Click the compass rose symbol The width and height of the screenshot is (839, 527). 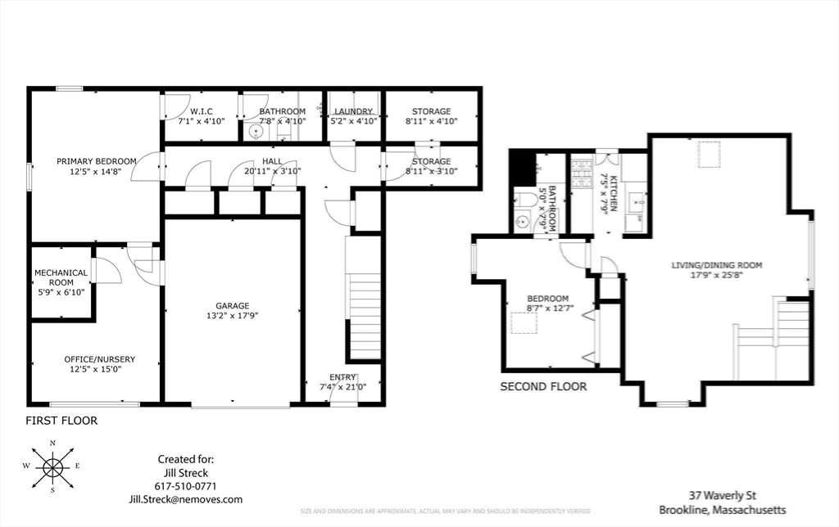pyautogui.click(x=53, y=467)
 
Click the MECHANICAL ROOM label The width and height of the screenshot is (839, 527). pyautogui.click(x=61, y=278)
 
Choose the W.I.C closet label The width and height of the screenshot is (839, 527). pyautogui.click(x=202, y=111)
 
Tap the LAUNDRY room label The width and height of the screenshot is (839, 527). pyautogui.click(x=353, y=111)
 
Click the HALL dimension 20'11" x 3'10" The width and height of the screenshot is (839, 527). pyautogui.click(x=272, y=171)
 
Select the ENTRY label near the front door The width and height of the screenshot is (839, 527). pyautogui.click(x=343, y=377)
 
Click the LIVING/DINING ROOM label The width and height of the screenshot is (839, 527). pyautogui.click(x=717, y=265)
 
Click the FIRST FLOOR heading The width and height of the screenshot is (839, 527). pyautogui.click(x=61, y=421)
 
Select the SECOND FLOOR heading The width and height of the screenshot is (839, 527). pyautogui.click(x=543, y=386)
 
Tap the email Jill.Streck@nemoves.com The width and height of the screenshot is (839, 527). pyautogui.click(x=185, y=499)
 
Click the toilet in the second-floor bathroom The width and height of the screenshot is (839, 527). pyautogui.click(x=528, y=199)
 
